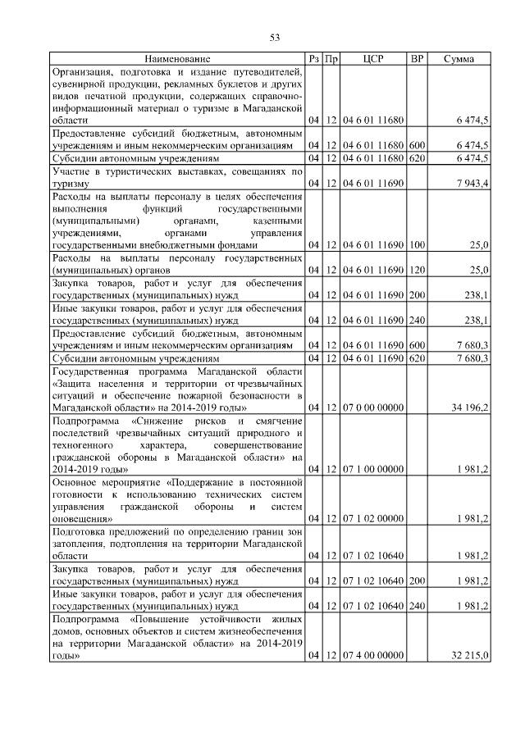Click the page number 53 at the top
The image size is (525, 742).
tap(276, 37)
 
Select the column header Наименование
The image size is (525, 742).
tap(177, 59)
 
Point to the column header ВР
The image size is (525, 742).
tap(417, 59)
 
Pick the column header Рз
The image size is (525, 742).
tap(313, 59)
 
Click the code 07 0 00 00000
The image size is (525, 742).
tap(373, 407)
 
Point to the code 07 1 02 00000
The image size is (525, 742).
tap(373, 518)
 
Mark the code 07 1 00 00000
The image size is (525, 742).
tap(373, 469)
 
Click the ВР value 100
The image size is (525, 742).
tap(417, 245)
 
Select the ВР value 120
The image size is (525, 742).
tap(417, 270)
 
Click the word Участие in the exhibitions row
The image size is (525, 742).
tap(71, 172)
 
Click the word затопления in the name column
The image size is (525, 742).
tap(78, 543)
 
